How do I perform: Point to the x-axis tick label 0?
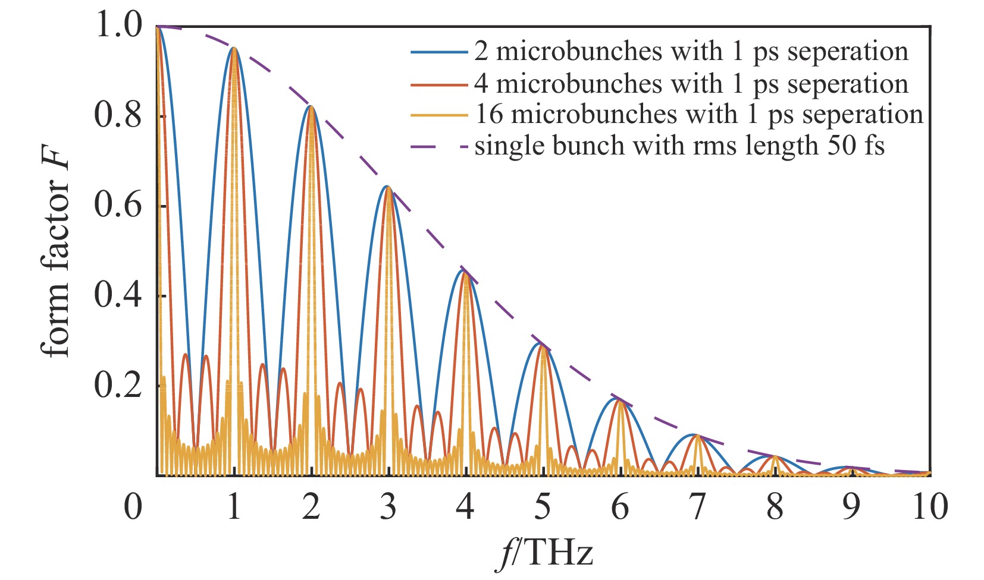(134, 508)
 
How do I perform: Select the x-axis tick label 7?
(697, 508)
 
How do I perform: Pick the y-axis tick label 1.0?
(118, 26)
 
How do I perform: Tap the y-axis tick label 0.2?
(118, 385)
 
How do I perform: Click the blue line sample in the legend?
(438, 52)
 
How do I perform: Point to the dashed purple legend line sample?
(438, 146)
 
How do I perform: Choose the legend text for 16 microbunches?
(698, 114)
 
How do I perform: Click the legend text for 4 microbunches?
(691, 84)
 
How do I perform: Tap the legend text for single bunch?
(679, 146)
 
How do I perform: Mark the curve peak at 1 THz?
(234, 48)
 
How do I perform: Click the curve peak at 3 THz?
(388, 187)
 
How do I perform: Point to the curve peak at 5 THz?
(543, 344)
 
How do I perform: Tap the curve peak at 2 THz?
(311, 106)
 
